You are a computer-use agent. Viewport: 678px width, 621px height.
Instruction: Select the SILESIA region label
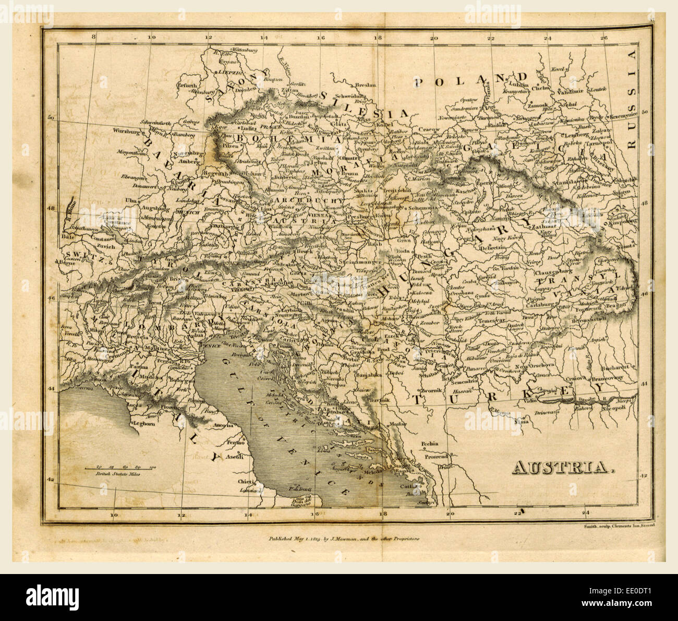tap(364, 105)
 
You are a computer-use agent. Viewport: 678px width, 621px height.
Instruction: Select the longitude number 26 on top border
tap(604, 38)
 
